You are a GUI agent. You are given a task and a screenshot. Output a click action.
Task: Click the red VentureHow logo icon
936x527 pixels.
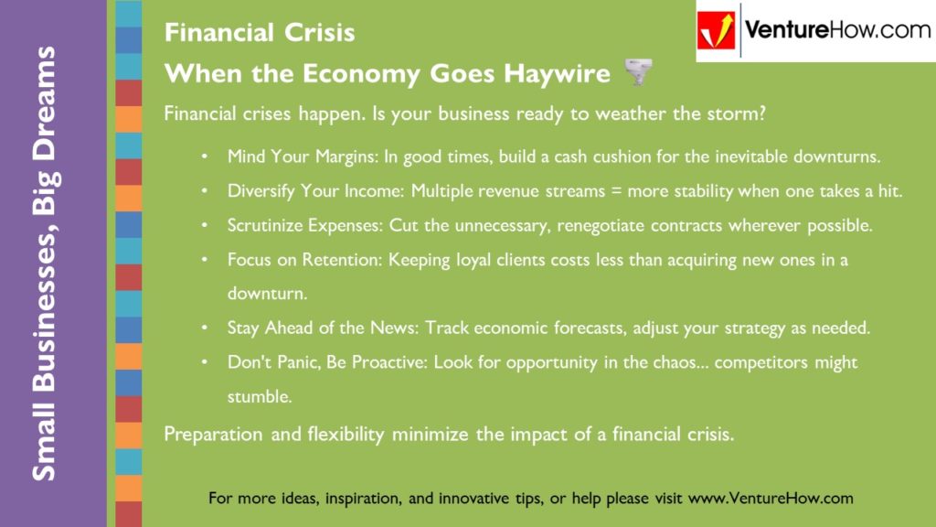click(x=716, y=30)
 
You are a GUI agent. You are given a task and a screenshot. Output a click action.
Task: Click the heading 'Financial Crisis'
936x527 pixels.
click(x=260, y=32)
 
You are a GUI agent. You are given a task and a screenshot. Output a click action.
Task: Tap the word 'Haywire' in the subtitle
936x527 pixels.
click(x=557, y=73)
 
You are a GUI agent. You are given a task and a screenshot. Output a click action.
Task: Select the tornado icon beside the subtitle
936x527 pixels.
click(x=638, y=71)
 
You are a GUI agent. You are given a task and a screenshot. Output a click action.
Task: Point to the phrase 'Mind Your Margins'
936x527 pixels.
click(x=303, y=156)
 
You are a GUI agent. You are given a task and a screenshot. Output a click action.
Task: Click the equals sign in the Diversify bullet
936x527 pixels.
click(x=617, y=191)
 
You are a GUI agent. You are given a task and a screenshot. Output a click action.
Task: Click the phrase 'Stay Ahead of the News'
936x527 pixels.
click(x=323, y=328)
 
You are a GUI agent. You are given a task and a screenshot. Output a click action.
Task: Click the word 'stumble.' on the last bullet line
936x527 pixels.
click(x=260, y=396)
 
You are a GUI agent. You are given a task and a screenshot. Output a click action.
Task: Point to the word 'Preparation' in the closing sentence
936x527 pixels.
click(x=213, y=435)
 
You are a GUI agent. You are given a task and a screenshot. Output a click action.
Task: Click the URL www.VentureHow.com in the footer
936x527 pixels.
click(x=771, y=498)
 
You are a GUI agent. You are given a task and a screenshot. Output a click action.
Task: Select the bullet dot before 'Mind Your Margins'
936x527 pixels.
click(x=205, y=157)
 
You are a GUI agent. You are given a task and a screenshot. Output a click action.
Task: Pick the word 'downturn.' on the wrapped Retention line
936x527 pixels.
click(x=268, y=294)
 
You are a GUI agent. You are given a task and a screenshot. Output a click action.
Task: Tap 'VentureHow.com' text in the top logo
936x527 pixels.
click(x=838, y=30)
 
